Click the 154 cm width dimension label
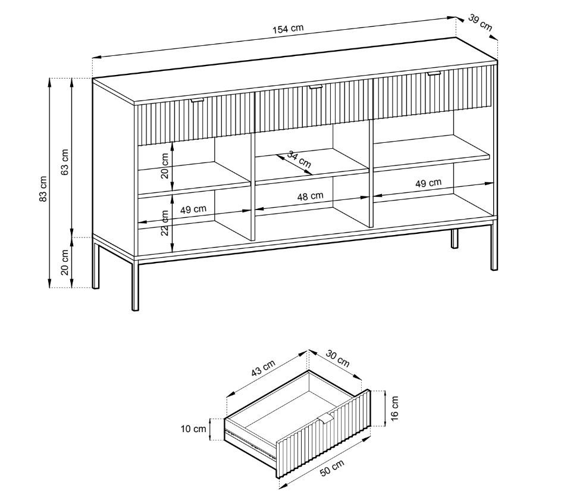click(x=288, y=29)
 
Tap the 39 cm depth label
click(x=480, y=22)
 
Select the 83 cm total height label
click(x=43, y=189)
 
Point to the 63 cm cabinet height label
click(x=65, y=162)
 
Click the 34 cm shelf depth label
click(x=299, y=160)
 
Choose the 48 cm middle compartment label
click(x=310, y=196)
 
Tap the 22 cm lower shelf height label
click(x=165, y=223)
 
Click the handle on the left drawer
click(x=197, y=99)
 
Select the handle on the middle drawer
click(x=315, y=87)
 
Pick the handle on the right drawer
click(x=434, y=73)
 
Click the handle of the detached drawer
click(x=325, y=418)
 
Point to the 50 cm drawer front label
click(x=332, y=468)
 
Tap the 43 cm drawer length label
click(x=264, y=368)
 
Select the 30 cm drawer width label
click(x=338, y=358)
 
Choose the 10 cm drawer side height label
click(x=193, y=429)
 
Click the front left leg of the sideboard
click(x=135, y=286)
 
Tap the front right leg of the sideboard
click(x=494, y=246)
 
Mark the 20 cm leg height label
click(x=65, y=262)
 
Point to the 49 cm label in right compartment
click(x=428, y=183)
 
